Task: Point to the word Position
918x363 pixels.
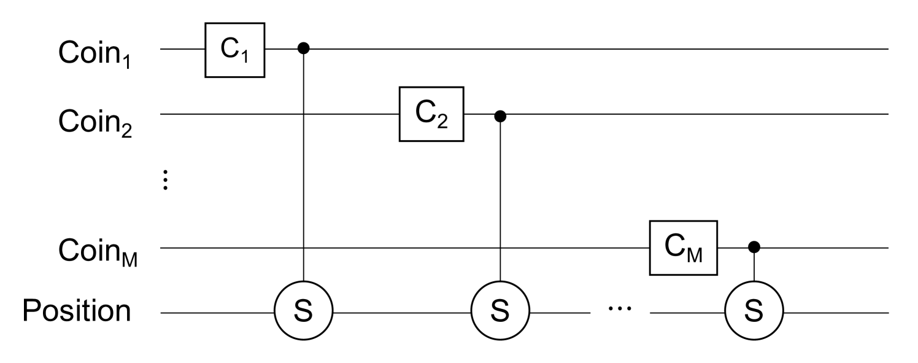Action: coord(77,311)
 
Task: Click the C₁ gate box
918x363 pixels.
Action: coord(234,50)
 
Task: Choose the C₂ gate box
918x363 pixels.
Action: coord(431,114)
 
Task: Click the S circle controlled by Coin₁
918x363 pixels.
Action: coord(303,313)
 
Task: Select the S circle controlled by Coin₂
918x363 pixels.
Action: coord(500,313)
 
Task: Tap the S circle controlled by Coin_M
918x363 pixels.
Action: coord(754,313)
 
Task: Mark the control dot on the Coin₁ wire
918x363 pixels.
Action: coord(303,49)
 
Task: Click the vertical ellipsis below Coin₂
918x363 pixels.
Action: coord(165,181)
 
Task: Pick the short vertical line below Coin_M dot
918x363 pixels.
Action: coord(754,268)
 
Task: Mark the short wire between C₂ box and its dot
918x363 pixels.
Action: coord(479,114)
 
